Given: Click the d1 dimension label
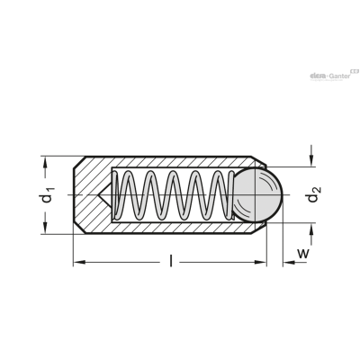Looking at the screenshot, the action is pos(47,194).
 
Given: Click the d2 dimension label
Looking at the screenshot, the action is pos(313,194).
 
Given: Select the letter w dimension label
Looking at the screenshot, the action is pos(303,254).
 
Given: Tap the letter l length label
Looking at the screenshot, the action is pos(171,260).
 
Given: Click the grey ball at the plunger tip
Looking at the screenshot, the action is pos(257,194).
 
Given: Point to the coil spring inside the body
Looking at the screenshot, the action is pos(173,195).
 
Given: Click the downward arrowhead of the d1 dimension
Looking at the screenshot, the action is pos(45,228).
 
